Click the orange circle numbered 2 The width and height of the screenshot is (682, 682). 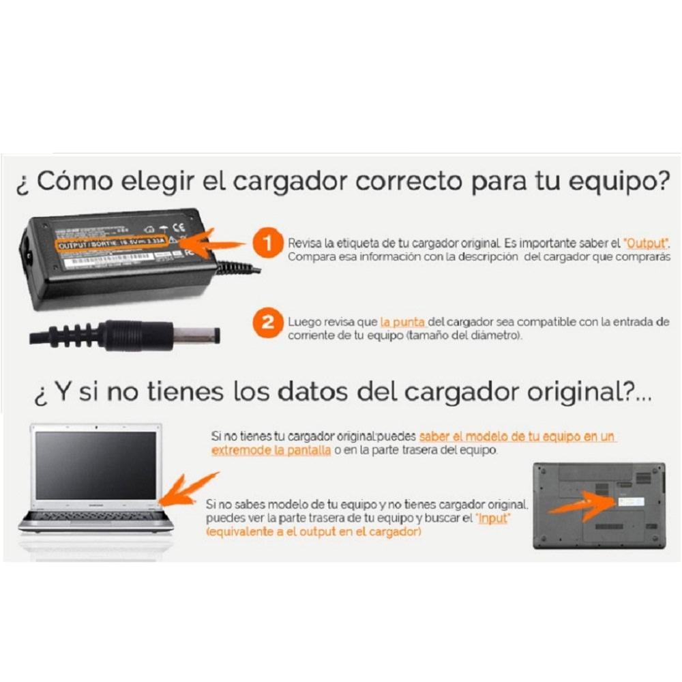tap(268, 323)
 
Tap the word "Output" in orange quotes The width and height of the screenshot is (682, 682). tap(647, 243)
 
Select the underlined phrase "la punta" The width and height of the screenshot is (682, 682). tap(404, 322)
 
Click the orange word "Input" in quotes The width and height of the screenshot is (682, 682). tap(494, 519)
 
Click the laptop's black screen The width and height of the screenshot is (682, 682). tap(95, 464)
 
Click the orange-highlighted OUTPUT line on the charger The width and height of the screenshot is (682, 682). tap(113, 244)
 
